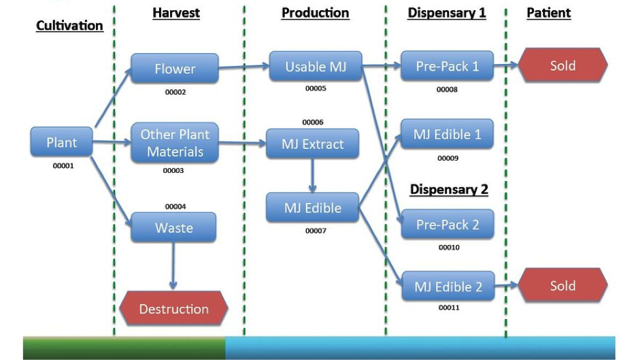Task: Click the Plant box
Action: coord(62,142)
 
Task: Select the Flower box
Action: coord(175,68)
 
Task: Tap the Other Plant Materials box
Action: coord(175,143)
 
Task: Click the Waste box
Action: coord(173,227)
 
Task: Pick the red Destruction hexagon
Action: coord(174,308)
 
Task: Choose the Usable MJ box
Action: coord(316,66)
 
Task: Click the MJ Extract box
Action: coord(313,144)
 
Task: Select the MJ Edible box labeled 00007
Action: coord(313,208)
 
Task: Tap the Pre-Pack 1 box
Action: coord(447,65)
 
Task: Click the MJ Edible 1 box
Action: coord(447,133)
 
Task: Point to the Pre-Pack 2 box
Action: coord(448,224)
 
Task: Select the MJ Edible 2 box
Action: coord(448,286)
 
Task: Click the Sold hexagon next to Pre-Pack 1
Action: coord(563,65)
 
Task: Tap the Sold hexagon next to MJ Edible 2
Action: coord(563,285)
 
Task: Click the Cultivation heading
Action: coord(69,25)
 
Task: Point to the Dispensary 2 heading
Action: coord(449,189)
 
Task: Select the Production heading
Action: coord(315,13)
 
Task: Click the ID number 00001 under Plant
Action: coord(63,165)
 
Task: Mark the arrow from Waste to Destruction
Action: coord(173,265)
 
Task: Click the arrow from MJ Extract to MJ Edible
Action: coord(312,176)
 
